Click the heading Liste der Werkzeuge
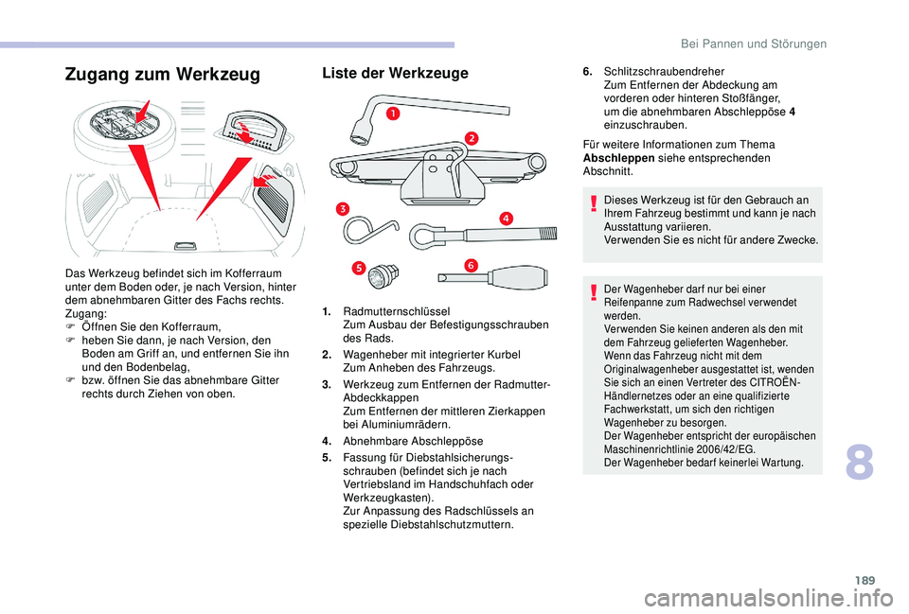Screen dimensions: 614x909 coord(395,73)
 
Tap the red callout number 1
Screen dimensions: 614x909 coord(390,114)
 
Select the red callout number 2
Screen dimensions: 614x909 coord(471,139)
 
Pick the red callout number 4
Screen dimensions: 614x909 coord(506,219)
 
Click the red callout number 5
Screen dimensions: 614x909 coord(359,269)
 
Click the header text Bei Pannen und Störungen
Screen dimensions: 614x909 coord(756,44)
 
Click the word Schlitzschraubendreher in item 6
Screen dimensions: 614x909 coord(664,71)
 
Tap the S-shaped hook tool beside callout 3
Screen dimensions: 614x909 coord(368,231)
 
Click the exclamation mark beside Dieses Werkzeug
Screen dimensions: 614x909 coord(593,202)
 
